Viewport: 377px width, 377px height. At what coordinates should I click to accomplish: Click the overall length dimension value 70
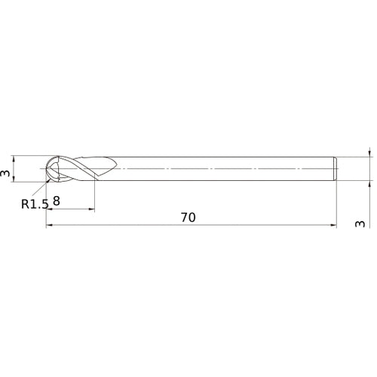(x=188, y=217)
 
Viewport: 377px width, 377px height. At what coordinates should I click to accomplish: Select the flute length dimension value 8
(x=57, y=201)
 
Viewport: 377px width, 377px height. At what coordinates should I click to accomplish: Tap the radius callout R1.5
(x=35, y=203)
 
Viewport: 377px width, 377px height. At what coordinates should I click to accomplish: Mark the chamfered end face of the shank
(x=334, y=169)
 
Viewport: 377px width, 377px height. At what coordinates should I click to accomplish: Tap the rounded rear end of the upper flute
(x=115, y=164)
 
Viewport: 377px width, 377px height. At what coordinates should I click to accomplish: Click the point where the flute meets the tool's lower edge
(x=94, y=181)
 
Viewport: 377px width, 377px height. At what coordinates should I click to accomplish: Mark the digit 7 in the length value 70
(x=185, y=217)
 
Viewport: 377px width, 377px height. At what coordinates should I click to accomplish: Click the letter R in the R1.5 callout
(x=25, y=204)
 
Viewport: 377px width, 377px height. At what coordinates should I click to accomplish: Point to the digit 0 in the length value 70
(x=192, y=217)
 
